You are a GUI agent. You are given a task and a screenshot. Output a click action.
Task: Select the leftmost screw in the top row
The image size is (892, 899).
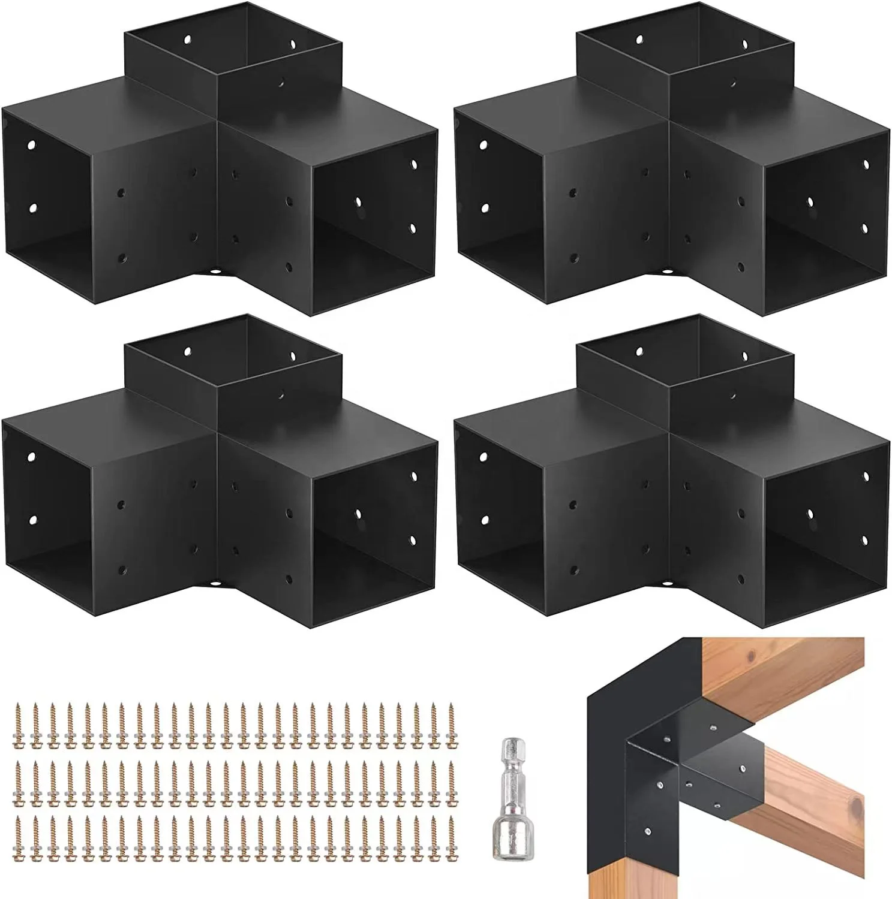click(17, 717)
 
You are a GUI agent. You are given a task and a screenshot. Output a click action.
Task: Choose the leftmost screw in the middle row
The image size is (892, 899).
click(17, 773)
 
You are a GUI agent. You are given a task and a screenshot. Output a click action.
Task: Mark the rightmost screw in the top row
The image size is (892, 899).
click(451, 717)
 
